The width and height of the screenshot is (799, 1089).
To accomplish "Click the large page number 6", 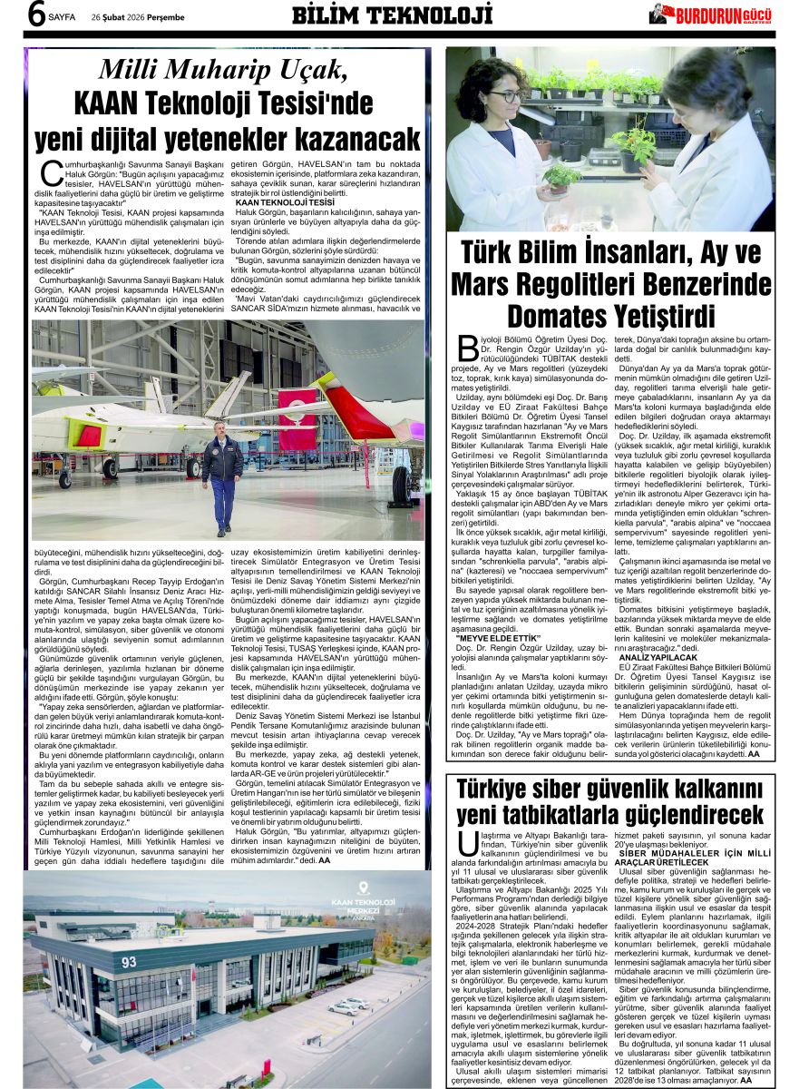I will click(x=35, y=16).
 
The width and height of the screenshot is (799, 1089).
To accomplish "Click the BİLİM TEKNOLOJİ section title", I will click(x=392, y=15).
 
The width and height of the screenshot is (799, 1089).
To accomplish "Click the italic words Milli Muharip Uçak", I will click(x=222, y=70).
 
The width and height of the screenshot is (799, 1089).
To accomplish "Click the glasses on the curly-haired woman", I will click(x=506, y=95).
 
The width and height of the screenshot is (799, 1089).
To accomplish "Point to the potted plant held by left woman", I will click(x=560, y=175).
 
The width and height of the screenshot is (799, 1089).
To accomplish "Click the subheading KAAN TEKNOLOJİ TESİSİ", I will click(x=285, y=201).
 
